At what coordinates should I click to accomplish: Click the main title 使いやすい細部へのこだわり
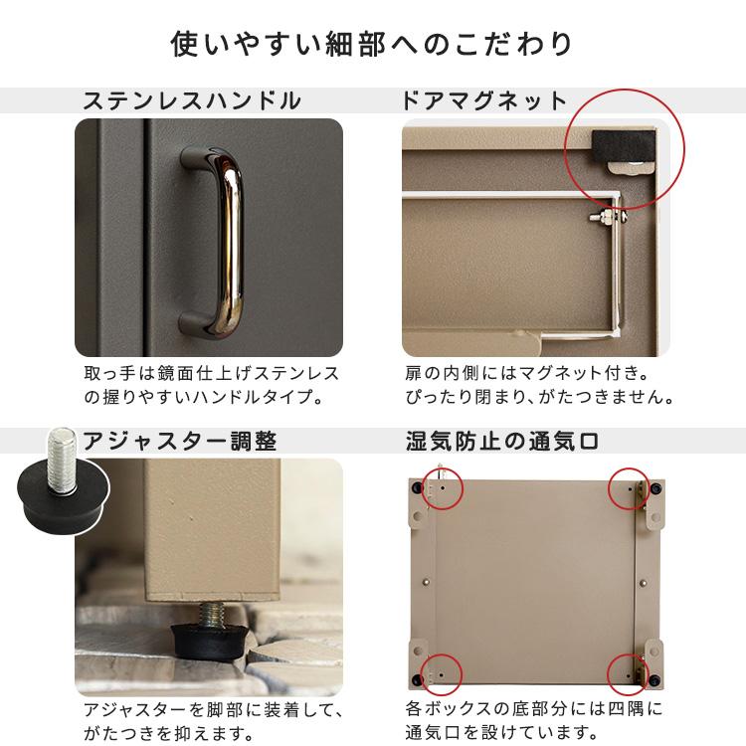click(373, 45)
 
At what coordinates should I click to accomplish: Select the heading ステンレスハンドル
click(191, 100)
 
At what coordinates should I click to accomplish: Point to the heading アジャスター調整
click(179, 441)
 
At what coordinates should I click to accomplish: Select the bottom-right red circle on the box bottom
click(629, 671)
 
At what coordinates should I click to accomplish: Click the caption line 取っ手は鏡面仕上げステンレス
click(211, 374)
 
